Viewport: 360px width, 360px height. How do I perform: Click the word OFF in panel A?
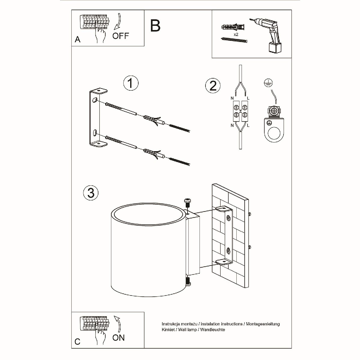(121, 36)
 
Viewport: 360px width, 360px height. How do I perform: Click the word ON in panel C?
(118, 338)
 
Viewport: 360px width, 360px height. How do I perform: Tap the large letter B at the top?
(155, 26)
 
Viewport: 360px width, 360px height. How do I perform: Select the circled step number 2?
(213, 86)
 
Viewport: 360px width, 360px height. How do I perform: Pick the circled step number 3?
(91, 192)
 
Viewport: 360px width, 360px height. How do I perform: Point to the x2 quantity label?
(236, 35)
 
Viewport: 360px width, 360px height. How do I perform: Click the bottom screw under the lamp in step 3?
(188, 282)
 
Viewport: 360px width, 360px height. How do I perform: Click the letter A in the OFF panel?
(78, 40)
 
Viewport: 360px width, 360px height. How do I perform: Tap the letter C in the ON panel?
(78, 342)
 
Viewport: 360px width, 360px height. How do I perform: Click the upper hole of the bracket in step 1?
(95, 100)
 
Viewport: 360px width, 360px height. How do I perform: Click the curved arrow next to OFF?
(118, 22)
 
